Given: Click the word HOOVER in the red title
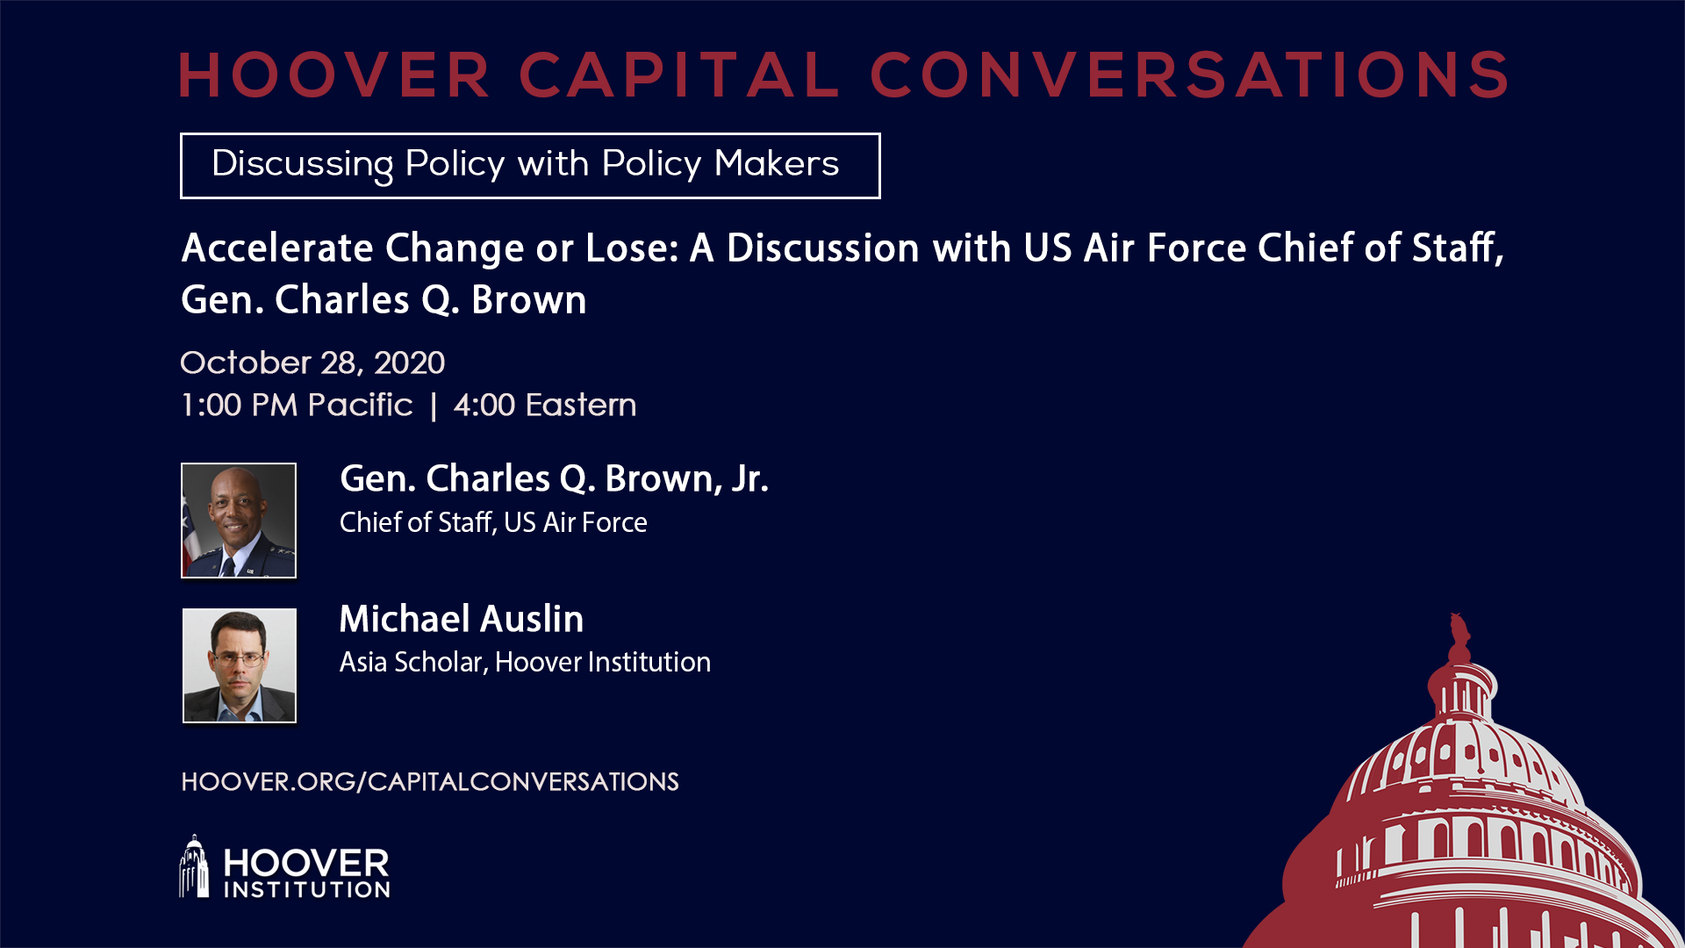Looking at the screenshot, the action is (334, 75).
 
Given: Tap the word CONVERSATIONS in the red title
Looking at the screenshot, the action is (1190, 75).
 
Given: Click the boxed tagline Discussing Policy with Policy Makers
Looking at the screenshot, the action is (530, 165).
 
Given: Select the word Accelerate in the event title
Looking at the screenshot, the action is (277, 248).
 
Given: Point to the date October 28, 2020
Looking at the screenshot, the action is (312, 363).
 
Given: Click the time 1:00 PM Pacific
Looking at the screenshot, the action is (297, 405).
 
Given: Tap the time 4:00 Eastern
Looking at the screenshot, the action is (545, 405).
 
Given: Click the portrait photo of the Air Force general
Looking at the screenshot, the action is (239, 521).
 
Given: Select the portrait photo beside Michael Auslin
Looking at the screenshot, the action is (240, 665).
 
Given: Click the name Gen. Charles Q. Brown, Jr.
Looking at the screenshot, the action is (554, 478).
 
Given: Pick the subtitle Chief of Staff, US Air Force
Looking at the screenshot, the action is (493, 522).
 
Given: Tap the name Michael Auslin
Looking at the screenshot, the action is (462, 619).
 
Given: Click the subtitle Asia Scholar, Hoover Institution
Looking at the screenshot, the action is (525, 662).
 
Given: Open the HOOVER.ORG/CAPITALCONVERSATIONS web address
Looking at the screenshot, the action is (430, 781).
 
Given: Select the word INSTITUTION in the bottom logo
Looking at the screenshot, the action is (307, 890).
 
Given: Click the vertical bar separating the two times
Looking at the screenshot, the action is (434, 406).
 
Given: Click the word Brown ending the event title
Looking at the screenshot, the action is (528, 300).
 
